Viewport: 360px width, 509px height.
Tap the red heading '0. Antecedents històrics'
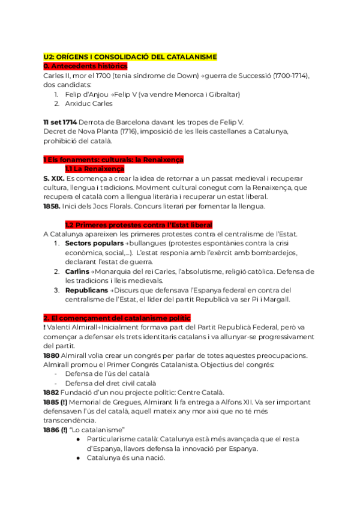85,66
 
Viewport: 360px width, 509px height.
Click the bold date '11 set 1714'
60,122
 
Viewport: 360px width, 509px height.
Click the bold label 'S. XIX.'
53,178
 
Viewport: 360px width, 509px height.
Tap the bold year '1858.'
52,206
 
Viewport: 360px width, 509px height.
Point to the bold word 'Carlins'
77,271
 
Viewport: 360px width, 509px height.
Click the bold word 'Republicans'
87,291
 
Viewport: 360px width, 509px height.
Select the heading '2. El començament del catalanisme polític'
117,318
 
